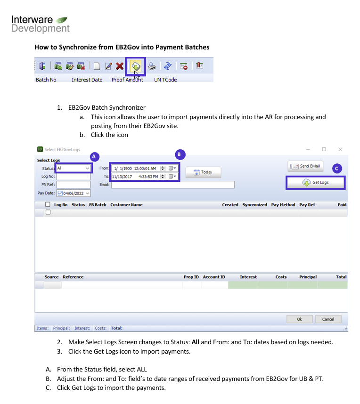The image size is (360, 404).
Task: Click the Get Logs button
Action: pos(315,183)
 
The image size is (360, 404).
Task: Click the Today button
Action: pos(203,172)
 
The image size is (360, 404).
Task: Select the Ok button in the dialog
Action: pos(299,319)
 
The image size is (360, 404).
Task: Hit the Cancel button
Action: pos(328,319)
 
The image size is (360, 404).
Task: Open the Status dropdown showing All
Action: pos(74,168)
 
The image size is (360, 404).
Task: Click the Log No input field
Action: pos(74,177)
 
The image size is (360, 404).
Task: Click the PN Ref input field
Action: pos(74,185)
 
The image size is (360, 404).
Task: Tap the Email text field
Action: pos(173,185)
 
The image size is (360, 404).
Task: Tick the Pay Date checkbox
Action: pos(60,193)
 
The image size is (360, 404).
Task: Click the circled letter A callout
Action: pos(94,157)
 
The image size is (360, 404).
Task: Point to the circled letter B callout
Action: pos(180,154)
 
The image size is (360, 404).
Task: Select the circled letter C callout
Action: pos(337,169)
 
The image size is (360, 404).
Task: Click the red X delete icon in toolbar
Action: pos(119,66)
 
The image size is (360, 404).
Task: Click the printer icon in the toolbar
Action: pos(152,66)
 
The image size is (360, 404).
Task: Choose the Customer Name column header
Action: pos(126,205)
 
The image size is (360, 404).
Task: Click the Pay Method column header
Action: pos(283,205)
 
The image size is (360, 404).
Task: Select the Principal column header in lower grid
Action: pos(308,277)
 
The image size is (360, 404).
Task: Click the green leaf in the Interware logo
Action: pos(61,20)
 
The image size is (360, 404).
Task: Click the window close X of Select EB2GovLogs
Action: pos(340,149)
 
